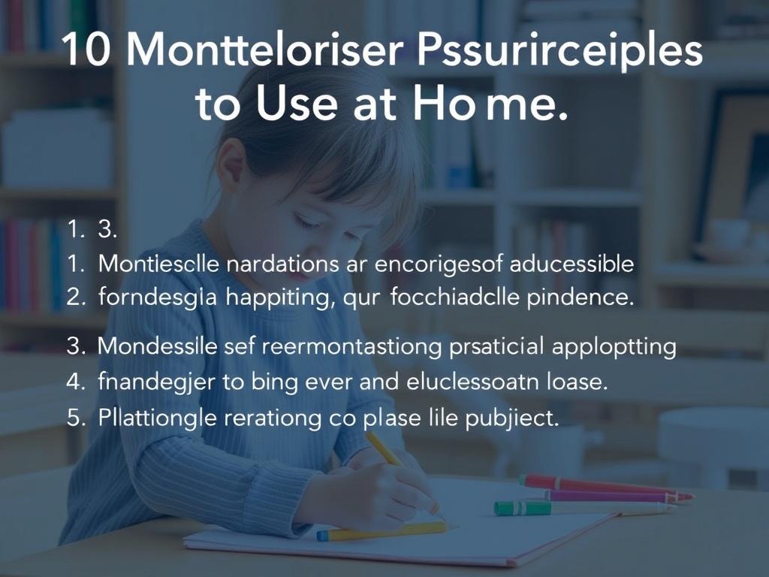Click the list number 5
(77, 418)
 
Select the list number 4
(77, 381)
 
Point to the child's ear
(229, 162)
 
